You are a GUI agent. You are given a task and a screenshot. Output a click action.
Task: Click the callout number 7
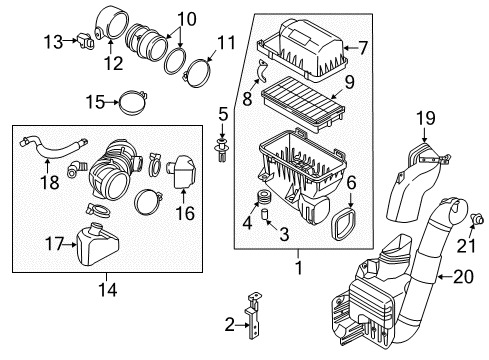362,48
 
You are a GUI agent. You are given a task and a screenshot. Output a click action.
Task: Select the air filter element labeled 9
303,102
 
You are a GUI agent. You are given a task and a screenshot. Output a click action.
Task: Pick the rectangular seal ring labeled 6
343,223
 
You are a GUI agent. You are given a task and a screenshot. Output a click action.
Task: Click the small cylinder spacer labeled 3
265,214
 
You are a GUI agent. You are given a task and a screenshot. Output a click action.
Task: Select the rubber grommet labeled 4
264,197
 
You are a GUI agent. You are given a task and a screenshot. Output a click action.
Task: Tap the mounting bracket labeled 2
253,315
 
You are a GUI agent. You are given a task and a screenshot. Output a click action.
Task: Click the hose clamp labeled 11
198,73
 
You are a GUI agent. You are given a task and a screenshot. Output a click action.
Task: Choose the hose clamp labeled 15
133,103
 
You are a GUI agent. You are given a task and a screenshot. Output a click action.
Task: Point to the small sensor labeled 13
86,41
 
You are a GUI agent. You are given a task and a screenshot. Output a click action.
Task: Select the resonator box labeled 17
97,245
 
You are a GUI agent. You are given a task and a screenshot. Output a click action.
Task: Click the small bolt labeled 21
477,219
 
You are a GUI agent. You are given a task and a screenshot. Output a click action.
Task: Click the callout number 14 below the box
108,290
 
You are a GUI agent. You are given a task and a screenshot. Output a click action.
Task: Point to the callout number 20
463,276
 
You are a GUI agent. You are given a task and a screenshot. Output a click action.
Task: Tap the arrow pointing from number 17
70,244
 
